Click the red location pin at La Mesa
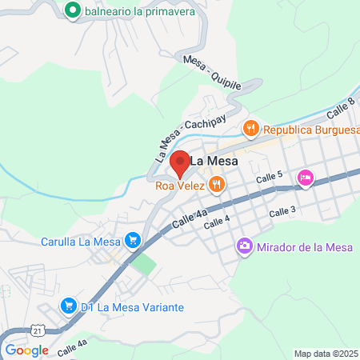point(181,163)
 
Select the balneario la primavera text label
point(132,11)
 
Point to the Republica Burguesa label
point(309,128)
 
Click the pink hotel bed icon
point(305,178)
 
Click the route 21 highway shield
point(38,330)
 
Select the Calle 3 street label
point(282,211)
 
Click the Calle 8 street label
point(340,107)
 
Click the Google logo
point(26,350)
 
